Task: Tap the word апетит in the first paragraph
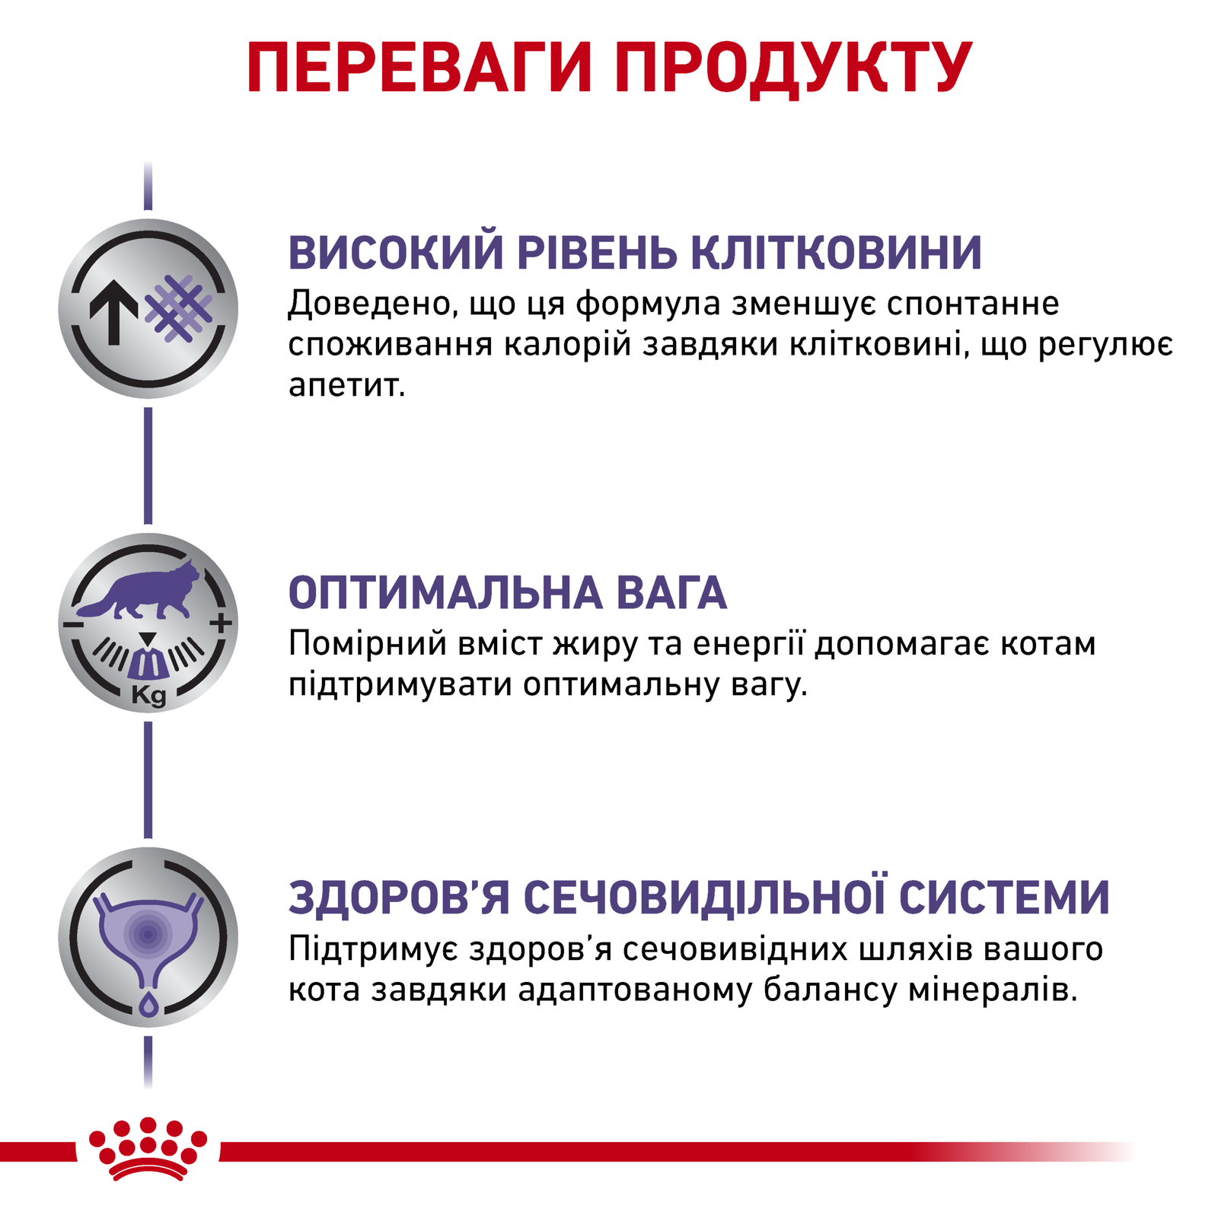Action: pyautogui.click(x=346, y=387)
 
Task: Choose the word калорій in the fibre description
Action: pyautogui.click(x=568, y=345)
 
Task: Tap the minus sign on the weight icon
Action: pyautogui.click(x=73, y=624)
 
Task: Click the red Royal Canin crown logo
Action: pyautogui.click(x=148, y=1149)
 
